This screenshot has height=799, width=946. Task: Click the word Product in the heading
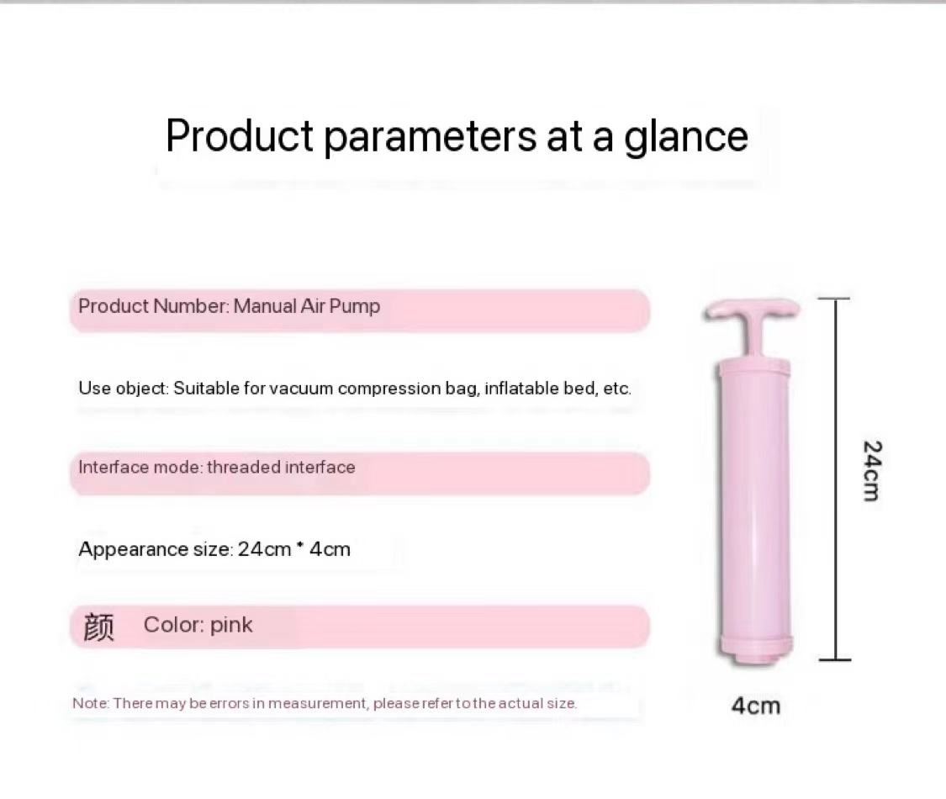(240, 135)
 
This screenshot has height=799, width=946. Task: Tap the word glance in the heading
(685, 138)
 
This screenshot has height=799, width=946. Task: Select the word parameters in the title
(431, 138)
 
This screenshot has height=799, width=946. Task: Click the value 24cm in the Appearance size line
(264, 549)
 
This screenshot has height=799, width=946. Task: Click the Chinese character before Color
(98, 627)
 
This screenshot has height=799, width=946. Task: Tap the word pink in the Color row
(231, 626)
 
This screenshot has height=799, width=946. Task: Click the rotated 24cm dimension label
(872, 471)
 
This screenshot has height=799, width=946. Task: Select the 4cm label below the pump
(756, 706)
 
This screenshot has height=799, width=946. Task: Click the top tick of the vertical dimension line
(834, 298)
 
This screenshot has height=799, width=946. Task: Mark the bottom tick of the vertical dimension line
(834, 660)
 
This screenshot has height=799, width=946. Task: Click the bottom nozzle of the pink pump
(755, 657)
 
